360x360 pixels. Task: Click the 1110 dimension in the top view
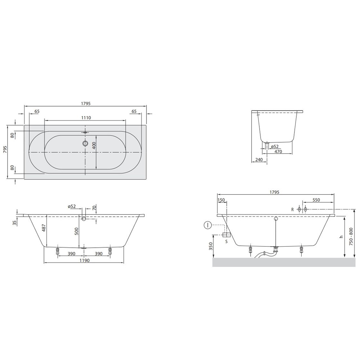[86, 118]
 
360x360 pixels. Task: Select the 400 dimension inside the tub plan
[94, 145]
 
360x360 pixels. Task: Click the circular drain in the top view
[85, 144]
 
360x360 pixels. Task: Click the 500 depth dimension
[77, 231]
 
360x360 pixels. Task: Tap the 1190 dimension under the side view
[85, 260]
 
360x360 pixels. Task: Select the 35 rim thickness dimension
[15, 223]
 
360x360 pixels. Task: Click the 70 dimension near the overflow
[94, 208]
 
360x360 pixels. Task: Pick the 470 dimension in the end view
[278, 152]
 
